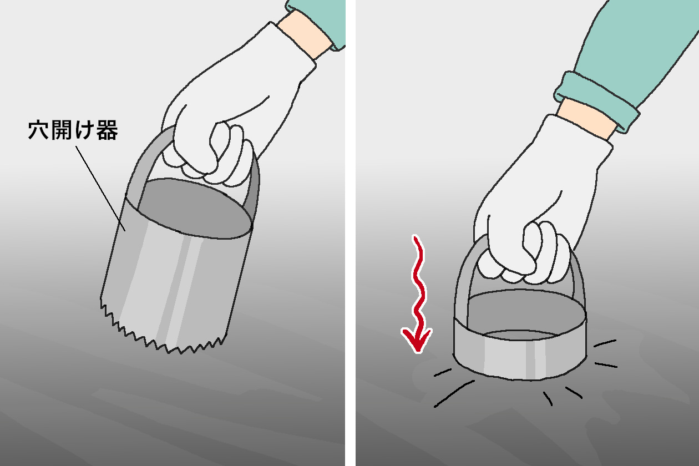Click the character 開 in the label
[62, 130]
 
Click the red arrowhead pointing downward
[417, 340]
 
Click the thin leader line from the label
[100, 189]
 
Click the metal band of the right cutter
[520, 359]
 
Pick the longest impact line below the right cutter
[454, 393]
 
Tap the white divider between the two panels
[351, 233]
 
